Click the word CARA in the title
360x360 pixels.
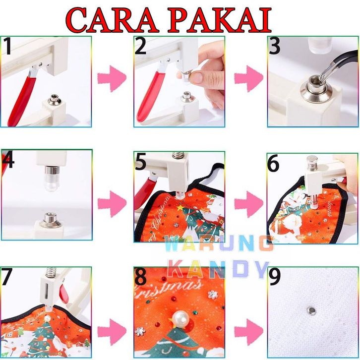tap(112, 20)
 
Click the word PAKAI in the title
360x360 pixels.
tap(219, 20)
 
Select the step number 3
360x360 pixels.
tap(274, 46)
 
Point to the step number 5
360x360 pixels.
tap(140, 162)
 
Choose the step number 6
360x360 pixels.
tap(273, 163)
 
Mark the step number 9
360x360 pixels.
tap(275, 277)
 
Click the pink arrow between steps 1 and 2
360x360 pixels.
tap(112, 78)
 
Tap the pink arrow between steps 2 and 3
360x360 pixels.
tap(248, 78)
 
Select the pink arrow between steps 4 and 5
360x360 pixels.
tap(112, 204)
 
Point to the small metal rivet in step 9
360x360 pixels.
tap(312, 310)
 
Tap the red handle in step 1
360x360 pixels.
tap(22, 101)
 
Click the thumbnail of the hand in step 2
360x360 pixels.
tap(197, 77)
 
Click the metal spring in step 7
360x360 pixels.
tap(51, 272)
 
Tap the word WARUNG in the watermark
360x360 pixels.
tap(219, 243)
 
